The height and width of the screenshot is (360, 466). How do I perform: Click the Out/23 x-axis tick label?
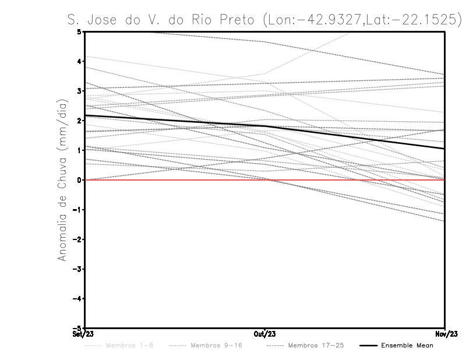pos(265,334)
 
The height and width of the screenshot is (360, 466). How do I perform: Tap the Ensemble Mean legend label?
pos(407,345)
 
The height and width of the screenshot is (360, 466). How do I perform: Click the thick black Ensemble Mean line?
pos(175,121)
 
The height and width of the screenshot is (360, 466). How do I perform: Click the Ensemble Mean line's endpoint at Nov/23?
pos(444,149)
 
